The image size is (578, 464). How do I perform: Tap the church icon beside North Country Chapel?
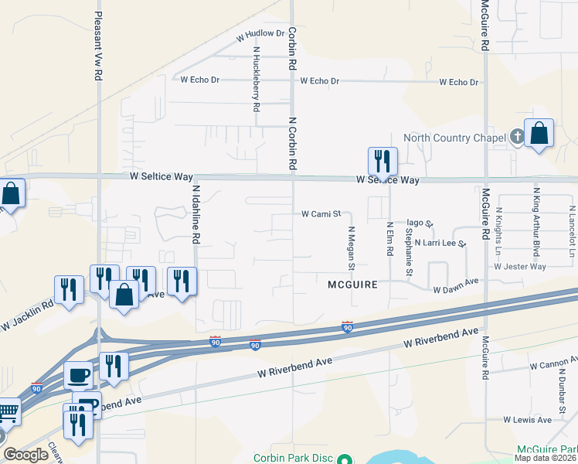coord(517,138)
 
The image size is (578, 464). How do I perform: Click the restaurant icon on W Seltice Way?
coord(382,161)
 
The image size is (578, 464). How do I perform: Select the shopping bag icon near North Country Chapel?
coord(539,134)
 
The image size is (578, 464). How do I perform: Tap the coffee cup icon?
coord(78,375)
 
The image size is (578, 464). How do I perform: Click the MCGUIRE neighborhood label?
coord(352,285)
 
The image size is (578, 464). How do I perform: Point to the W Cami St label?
coord(321,213)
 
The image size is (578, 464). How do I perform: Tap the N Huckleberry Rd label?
coord(256,79)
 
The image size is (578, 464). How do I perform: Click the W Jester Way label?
coord(520,266)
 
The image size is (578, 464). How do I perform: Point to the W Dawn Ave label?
coord(457,290)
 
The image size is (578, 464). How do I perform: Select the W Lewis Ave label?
coord(527,420)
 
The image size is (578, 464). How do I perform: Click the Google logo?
coord(25,455)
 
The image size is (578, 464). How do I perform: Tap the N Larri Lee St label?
coord(440,243)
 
